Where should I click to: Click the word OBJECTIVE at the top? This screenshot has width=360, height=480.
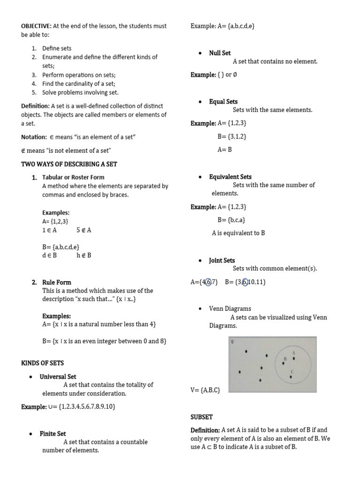37,26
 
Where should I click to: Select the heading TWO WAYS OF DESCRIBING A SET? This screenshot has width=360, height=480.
69,164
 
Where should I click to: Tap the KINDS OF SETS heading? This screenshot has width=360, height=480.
43,363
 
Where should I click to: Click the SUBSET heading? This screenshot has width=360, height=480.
202,417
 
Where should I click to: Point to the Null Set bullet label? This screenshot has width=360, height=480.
220,53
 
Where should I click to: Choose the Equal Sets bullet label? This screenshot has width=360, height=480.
223,101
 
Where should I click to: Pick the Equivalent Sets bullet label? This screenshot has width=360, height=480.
230,177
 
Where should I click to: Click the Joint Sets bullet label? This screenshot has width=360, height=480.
222,260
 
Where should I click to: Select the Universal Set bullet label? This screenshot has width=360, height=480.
58,376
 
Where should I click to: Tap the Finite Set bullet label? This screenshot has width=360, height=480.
53,434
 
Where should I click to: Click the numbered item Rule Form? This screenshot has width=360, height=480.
57,282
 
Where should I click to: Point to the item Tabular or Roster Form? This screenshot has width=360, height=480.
73,177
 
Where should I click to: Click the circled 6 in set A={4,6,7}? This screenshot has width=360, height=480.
209,282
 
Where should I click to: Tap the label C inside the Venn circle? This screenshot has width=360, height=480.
292,372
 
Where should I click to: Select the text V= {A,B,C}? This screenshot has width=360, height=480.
205,390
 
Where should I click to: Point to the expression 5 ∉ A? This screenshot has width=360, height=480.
83,230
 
